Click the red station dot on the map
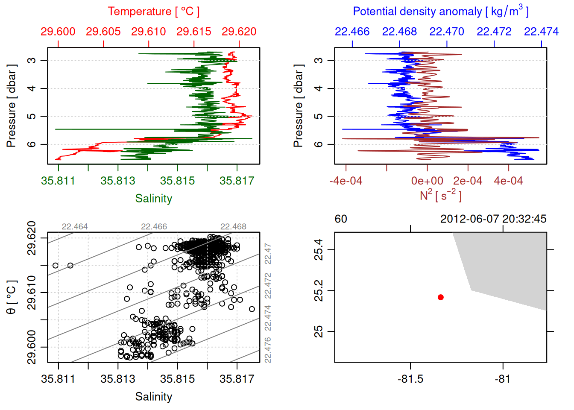click(441, 297)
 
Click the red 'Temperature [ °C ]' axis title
click(153, 12)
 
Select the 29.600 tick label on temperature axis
click(58, 32)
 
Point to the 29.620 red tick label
click(239, 32)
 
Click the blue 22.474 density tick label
click(541, 32)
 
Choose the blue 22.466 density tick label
click(352, 32)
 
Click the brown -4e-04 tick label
click(346, 181)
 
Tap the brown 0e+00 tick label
click(427, 181)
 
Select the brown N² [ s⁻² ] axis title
click(440, 195)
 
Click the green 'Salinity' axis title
click(154, 199)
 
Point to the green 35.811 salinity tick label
click(58, 181)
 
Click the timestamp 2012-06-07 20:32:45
click(493, 219)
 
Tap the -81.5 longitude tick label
click(410, 379)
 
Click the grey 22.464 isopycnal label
click(75, 227)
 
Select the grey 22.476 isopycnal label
click(268, 350)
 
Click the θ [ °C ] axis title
click(11, 297)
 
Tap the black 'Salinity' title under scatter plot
click(154, 397)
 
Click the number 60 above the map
click(341, 219)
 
